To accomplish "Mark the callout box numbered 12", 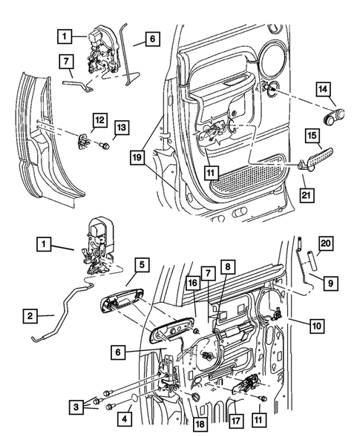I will tap(99, 119).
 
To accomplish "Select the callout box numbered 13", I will tap(122, 128).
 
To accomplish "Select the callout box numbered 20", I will tap(324, 242).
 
